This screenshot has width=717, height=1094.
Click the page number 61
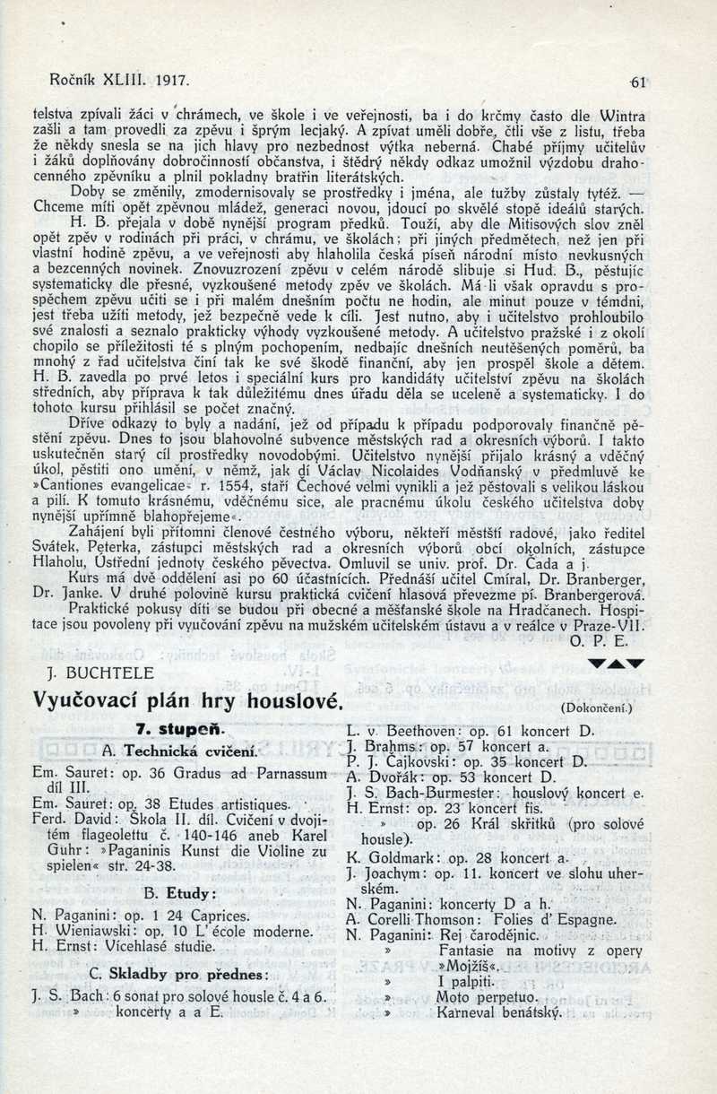[638, 82]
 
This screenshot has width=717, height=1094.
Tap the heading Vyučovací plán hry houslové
[189, 700]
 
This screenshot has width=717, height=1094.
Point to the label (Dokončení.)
[597, 708]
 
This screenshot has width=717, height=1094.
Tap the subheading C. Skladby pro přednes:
[179, 975]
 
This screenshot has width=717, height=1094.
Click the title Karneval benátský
[499, 1013]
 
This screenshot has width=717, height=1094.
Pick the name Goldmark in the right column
[397, 857]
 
